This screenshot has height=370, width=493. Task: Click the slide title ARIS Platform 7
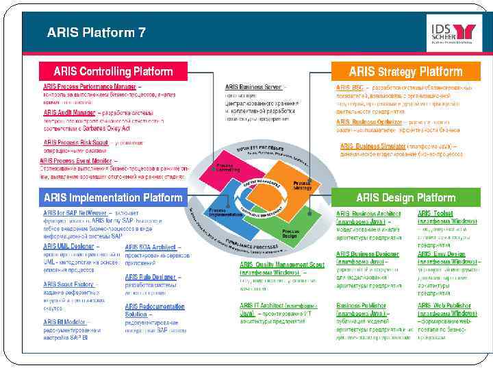coord(96,32)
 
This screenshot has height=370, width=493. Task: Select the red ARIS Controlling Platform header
coord(113,71)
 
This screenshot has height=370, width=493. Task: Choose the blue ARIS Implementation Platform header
coord(113,198)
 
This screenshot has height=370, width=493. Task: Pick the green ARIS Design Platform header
coord(405,198)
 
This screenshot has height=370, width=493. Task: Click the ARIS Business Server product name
coord(253,87)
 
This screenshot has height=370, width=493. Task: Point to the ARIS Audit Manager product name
coord(69,112)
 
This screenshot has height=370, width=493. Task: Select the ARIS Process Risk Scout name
coord(75,143)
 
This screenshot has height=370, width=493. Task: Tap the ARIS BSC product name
coord(349,88)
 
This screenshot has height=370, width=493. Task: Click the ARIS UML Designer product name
coord(68,246)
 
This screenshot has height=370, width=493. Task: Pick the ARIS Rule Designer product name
coord(150,277)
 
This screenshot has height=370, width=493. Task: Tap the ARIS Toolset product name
coord(435,213)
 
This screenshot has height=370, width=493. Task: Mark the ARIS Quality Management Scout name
coord(282,264)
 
